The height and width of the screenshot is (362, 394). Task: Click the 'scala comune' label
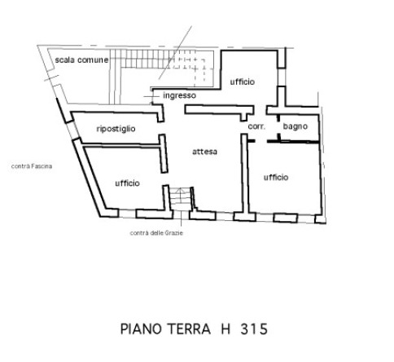81,60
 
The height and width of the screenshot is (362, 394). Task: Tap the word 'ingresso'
179,95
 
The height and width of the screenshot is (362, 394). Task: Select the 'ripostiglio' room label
116,129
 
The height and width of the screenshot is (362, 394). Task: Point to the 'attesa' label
204,152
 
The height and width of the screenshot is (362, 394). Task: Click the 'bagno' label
295,126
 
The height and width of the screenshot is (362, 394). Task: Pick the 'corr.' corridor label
256,126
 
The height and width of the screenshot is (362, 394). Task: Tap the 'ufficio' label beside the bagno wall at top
243,82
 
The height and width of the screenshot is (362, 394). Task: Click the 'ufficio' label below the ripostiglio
127,183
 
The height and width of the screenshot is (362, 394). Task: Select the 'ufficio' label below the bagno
276,177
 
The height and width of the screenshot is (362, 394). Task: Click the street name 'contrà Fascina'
32,166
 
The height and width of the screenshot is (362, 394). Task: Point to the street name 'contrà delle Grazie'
156,233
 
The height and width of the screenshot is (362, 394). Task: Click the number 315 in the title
254,329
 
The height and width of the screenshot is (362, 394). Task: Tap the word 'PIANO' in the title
141,329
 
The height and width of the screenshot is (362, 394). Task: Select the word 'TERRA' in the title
189,329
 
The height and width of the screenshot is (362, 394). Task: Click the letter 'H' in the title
225,329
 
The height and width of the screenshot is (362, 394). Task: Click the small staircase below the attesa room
180,199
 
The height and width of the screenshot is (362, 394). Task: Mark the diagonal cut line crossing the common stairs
175,52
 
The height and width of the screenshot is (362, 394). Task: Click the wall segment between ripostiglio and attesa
164,153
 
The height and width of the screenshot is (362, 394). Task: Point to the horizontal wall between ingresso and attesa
219,109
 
